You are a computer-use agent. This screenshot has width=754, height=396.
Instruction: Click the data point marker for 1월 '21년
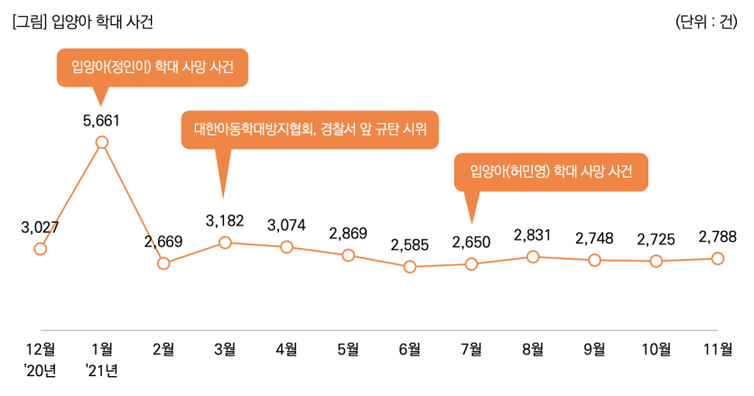[x=102, y=142]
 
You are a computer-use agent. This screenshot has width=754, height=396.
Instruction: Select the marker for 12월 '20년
[x=40, y=249]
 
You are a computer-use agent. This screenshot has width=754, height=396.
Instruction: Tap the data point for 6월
[x=410, y=267]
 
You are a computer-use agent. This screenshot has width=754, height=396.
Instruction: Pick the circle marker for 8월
[x=533, y=257]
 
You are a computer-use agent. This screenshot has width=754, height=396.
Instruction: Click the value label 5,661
[x=101, y=119]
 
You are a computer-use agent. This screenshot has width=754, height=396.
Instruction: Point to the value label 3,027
[x=40, y=226]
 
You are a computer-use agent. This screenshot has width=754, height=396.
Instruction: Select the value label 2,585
[x=410, y=244]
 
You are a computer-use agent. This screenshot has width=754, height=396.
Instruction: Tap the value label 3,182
[x=225, y=220]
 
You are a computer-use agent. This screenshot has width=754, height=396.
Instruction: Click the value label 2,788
[x=717, y=237]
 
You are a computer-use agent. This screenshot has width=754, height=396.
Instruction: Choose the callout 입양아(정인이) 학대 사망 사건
[x=152, y=68]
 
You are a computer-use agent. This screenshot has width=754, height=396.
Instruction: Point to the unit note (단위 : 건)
[x=709, y=23]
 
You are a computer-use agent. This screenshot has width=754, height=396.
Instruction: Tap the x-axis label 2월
[x=163, y=349]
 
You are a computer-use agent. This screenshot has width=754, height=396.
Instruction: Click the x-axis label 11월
[x=717, y=349]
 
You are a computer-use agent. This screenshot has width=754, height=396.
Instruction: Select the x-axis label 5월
[x=348, y=349]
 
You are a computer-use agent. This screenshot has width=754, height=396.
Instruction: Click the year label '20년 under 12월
[x=40, y=369]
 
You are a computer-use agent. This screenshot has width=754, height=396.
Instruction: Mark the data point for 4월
[x=286, y=247]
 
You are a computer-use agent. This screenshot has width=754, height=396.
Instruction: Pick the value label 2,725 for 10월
[x=656, y=239]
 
